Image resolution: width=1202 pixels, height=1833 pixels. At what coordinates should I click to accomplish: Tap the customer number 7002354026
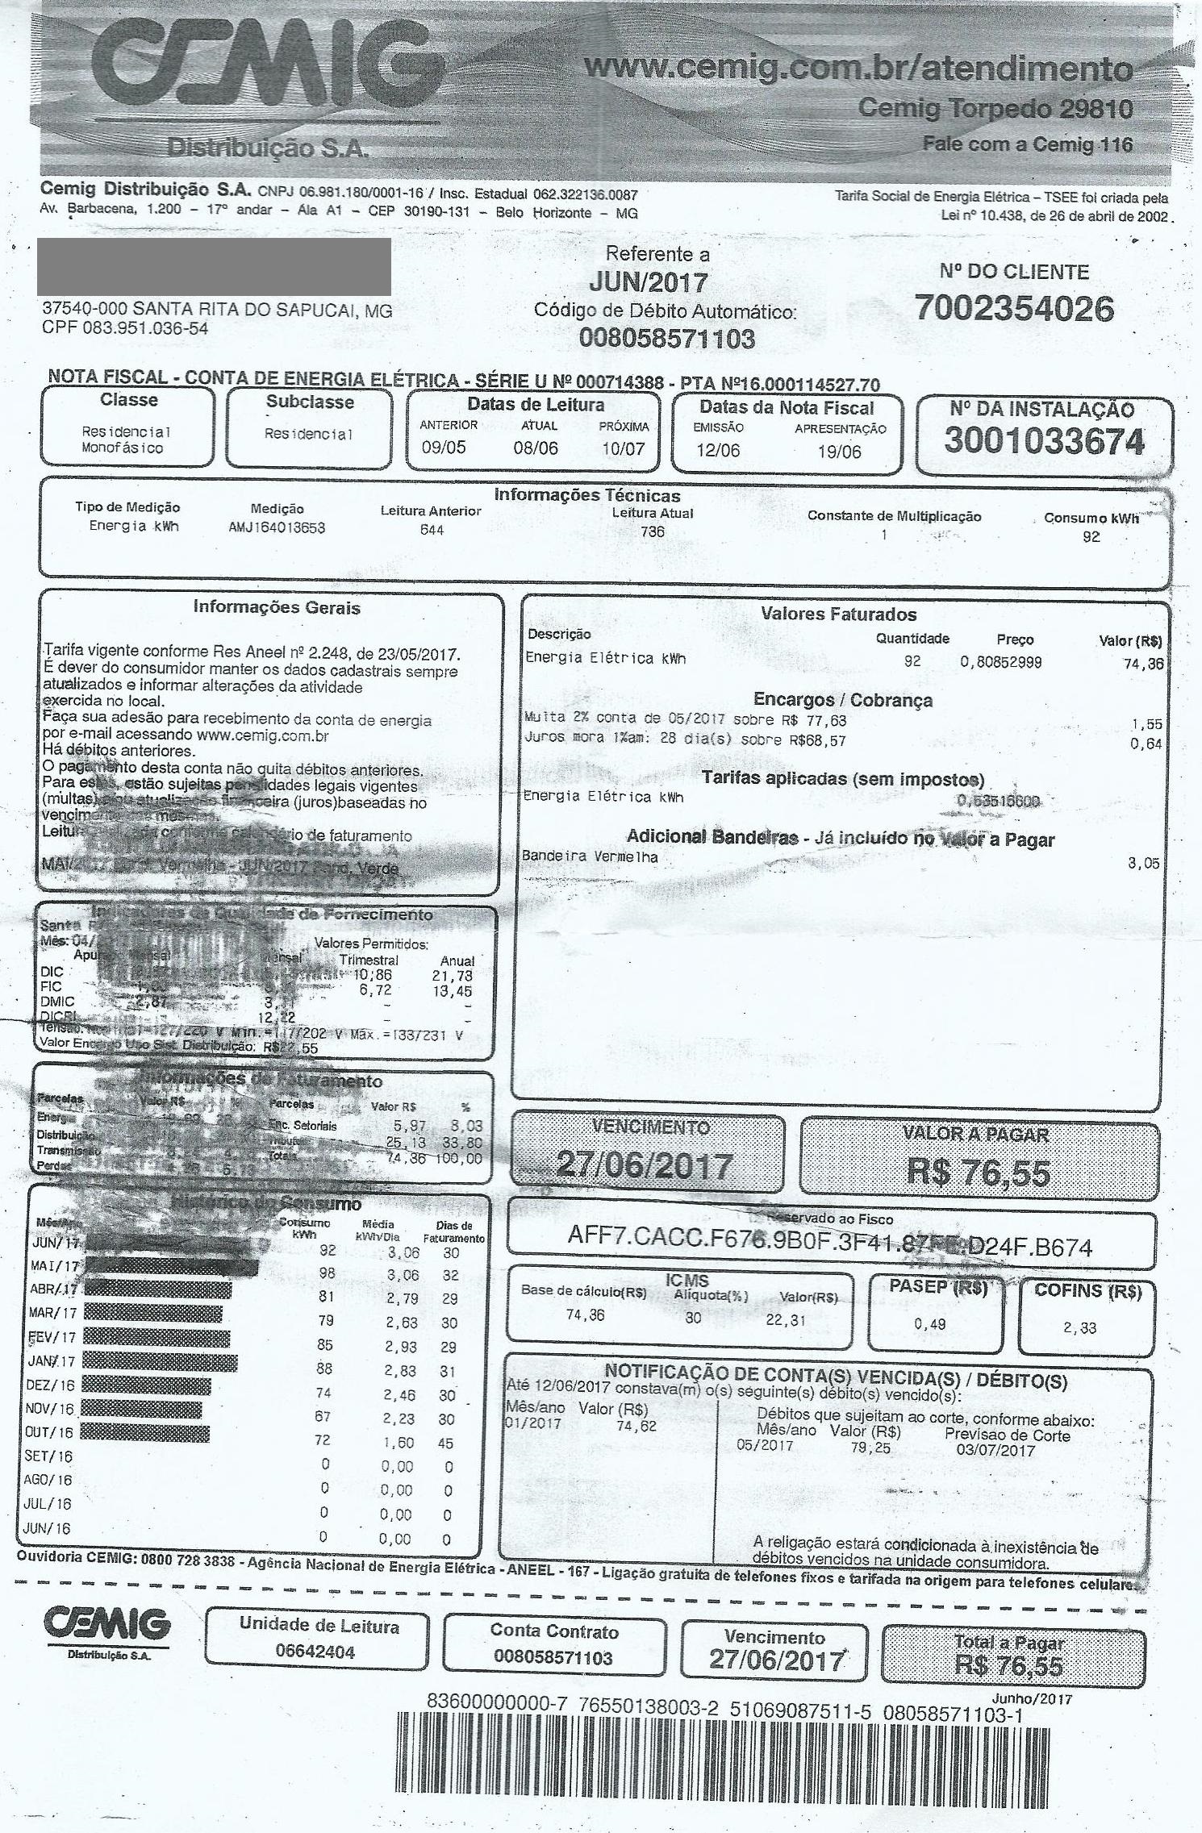click(x=1014, y=309)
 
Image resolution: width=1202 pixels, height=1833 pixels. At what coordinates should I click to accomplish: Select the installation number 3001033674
click(x=1044, y=441)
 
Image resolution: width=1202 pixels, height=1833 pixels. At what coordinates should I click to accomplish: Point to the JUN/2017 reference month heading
click(x=648, y=282)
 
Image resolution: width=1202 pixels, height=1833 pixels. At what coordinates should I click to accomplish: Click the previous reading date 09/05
click(x=444, y=448)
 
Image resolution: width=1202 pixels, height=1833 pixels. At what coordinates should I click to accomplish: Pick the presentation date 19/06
click(x=839, y=452)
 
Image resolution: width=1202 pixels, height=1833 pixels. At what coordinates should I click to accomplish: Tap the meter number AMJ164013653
click(x=277, y=528)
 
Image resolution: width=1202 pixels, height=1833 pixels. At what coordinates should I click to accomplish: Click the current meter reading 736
click(x=652, y=531)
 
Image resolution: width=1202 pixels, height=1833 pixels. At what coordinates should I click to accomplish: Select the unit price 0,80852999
click(x=1000, y=662)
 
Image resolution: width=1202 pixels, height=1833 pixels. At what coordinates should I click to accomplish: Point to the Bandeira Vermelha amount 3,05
click(x=1143, y=864)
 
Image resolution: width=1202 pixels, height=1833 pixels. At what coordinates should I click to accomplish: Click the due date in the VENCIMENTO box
click(x=645, y=1166)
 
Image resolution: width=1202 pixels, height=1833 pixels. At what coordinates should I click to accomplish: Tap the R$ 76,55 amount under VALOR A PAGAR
click(x=978, y=1172)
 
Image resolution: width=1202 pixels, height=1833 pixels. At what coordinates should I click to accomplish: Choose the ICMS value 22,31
click(x=786, y=1320)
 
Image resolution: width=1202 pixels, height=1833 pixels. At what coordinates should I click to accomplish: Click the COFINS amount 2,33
click(x=1079, y=1328)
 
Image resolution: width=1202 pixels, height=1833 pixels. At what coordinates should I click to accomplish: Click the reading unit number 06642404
click(x=315, y=1651)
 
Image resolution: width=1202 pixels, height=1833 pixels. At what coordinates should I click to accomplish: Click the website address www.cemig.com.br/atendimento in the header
click(x=857, y=69)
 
